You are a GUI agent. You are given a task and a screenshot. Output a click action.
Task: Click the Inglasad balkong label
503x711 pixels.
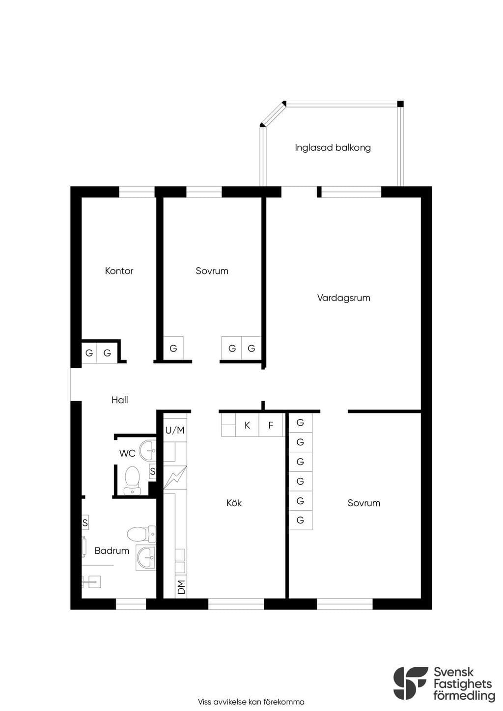pyautogui.click(x=333, y=148)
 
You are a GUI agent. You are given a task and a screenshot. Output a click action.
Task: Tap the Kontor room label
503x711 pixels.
pyautogui.click(x=119, y=271)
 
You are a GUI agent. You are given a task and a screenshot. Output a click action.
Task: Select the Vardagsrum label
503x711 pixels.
pyautogui.click(x=343, y=298)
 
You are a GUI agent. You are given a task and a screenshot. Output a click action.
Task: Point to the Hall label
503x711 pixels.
pyautogui.click(x=120, y=400)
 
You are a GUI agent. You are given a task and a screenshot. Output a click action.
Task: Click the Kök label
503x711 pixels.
pyautogui.click(x=234, y=503)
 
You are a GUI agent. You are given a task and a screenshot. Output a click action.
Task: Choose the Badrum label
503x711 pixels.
pyautogui.click(x=112, y=550)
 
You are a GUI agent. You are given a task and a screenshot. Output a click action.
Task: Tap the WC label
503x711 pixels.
pyautogui.click(x=127, y=453)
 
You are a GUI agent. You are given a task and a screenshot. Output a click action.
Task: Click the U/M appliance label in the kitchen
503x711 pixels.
pyautogui.click(x=175, y=430)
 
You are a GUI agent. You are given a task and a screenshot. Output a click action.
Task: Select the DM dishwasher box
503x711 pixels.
pyautogui.click(x=181, y=587)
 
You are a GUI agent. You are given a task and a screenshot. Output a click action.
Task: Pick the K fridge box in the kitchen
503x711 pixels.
pyautogui.click(x=247, y=425)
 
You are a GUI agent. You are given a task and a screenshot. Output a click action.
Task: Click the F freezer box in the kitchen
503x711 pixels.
pyautogui.click(x=271, y=425)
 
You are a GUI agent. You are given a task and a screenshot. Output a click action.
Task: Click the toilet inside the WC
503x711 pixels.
pyautogui.click(x=133, y=481)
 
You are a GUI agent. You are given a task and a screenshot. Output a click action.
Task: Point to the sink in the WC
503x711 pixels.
pyautogui.click(x=147, y=450)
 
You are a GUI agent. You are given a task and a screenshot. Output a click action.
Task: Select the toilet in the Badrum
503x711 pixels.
pyautogui.click(x=141, y=534)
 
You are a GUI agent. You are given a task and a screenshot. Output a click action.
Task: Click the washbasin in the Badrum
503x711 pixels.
pyautogui.click(x=146, y=558)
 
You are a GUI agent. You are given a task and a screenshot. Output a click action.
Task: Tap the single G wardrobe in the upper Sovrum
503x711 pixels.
pyautogui.click(x=173, y=348)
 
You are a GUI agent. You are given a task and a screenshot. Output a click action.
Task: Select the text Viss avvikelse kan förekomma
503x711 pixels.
pyautogui.click(x=251, y=702)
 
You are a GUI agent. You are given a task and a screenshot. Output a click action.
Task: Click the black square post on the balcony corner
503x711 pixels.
pyautogui.click(x=400, y=104)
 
